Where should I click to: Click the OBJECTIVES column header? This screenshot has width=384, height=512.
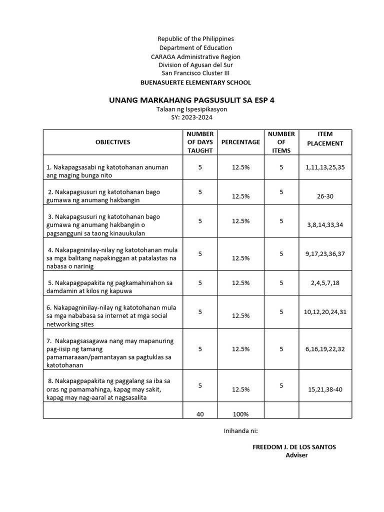(112, 142)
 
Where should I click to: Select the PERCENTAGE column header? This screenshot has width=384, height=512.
(240, 142)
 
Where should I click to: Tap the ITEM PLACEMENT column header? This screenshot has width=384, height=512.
(325, 138)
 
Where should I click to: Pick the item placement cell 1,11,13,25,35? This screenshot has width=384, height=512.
(325, 167)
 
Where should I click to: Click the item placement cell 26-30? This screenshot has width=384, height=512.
(325, 196)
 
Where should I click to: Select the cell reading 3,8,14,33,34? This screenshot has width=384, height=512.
(325, 225)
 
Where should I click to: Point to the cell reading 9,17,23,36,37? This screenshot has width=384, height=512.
(325, 254)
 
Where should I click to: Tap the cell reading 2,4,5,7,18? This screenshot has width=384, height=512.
(325, 283)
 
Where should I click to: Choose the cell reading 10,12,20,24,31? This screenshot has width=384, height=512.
(325, 312)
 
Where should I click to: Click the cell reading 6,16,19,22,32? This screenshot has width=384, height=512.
(325, 349)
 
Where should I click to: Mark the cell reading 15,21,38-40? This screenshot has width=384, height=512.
(325, 388)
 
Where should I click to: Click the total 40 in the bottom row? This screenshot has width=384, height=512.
(200, 414)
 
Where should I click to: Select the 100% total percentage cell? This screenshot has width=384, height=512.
(240, 414)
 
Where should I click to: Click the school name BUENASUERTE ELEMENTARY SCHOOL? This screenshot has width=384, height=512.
(195, 82)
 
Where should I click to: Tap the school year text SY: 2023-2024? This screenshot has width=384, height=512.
(192, 117)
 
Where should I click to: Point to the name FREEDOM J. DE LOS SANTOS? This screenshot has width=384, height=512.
(294, 447)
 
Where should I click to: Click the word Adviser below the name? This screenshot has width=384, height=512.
(296, 455)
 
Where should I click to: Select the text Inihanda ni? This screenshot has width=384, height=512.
(240, 430)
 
